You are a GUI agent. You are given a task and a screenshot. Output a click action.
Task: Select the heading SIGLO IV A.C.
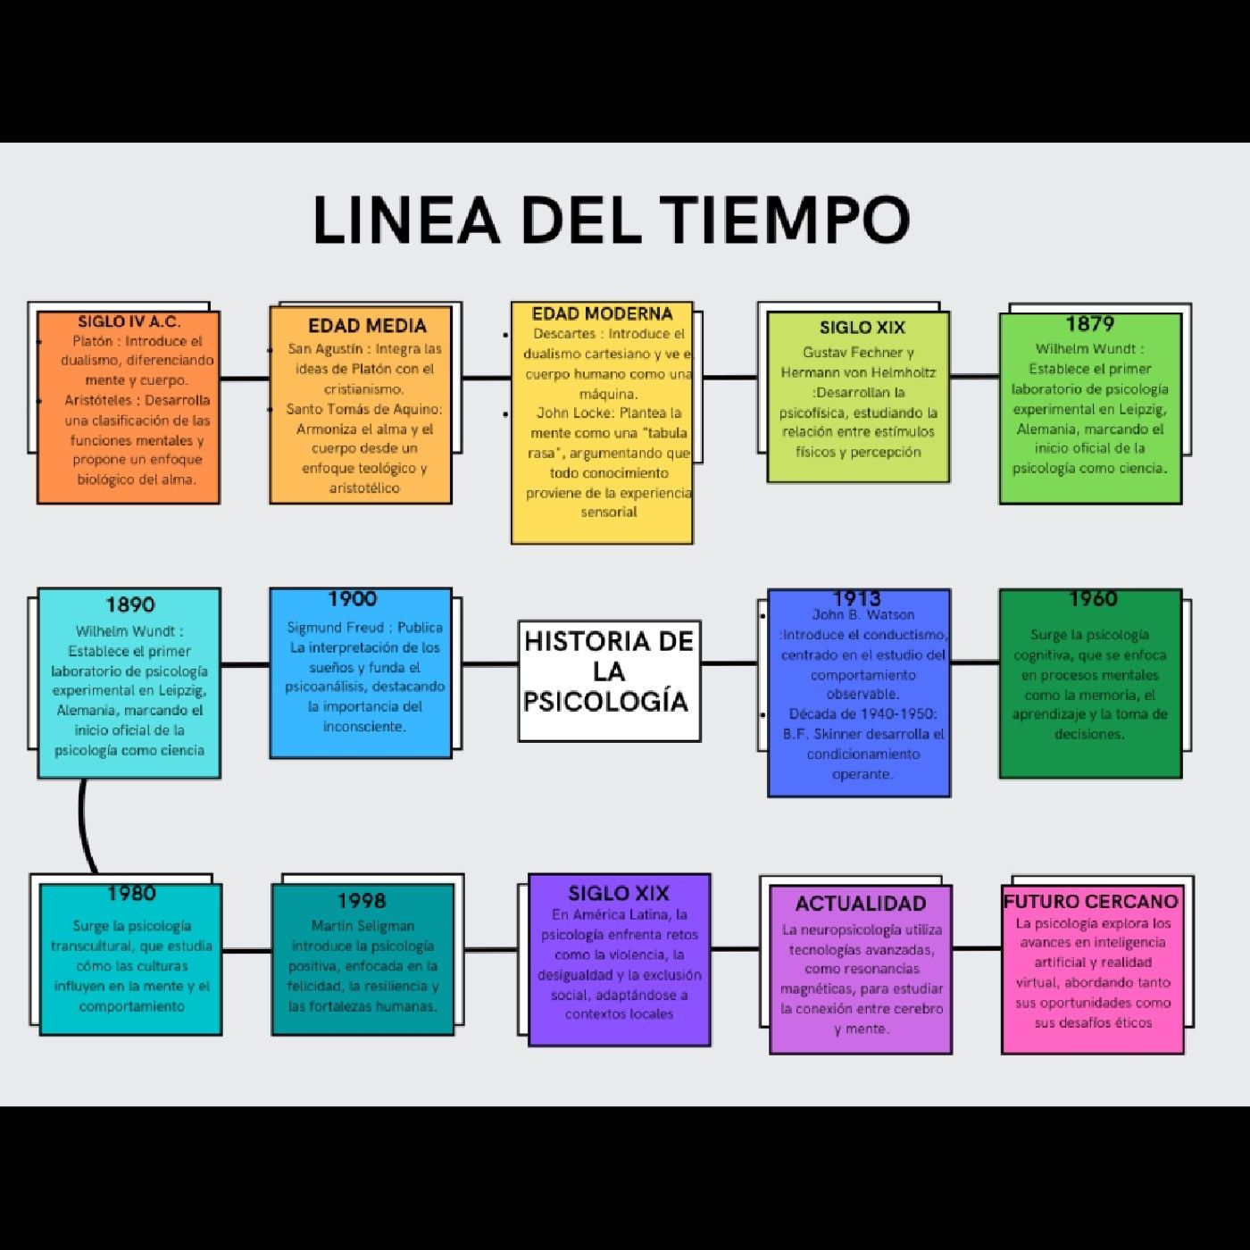tap(129, 321)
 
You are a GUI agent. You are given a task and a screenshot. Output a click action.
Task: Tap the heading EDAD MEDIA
tap(367, 325)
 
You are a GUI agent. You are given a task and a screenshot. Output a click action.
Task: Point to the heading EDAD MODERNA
tap(602, 313)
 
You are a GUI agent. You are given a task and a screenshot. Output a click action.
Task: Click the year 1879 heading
tap(1090, 323)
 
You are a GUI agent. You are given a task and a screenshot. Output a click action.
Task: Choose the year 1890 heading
tap(129, 604)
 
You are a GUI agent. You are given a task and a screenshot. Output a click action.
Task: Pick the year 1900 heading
tap(352, 598)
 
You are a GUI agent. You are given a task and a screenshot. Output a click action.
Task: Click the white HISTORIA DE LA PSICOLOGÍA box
tap(609, 680)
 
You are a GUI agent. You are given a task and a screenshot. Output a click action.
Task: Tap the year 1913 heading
tap(857, 598)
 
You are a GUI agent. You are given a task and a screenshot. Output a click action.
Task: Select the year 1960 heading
tap(1093, 598)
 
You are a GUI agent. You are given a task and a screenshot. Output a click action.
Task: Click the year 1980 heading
tap(131, 893)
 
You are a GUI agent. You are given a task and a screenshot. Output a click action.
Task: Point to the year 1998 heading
tap(362, 900)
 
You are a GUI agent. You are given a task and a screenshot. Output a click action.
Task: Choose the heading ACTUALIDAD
tap(860, 903)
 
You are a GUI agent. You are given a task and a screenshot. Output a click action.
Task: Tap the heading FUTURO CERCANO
tap(1090, 901)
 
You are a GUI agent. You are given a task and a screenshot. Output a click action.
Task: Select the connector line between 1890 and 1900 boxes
tap(246, 664)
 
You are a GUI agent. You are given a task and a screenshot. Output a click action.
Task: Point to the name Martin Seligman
tap(362, 926)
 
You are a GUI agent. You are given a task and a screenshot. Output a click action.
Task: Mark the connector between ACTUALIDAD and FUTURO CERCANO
tap(977, 947)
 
